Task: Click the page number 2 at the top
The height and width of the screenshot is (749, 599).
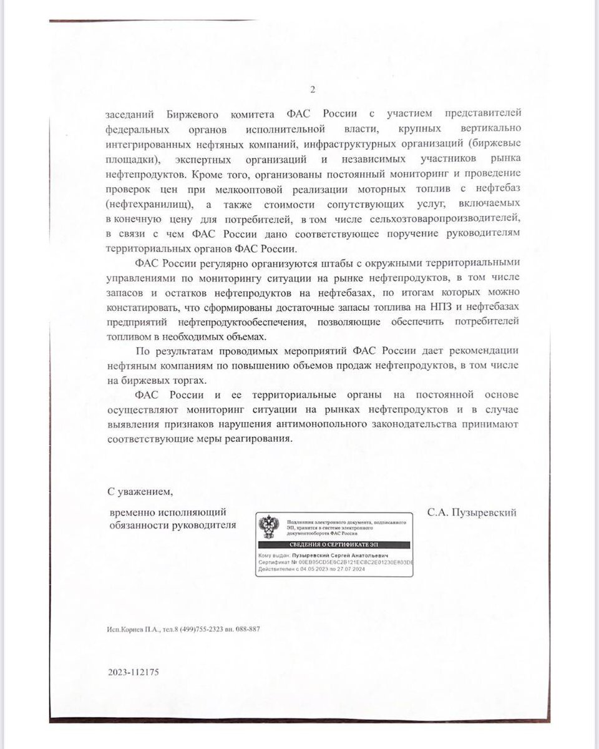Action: click(312, 89)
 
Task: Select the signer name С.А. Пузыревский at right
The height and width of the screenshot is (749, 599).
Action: click(472, 512)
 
